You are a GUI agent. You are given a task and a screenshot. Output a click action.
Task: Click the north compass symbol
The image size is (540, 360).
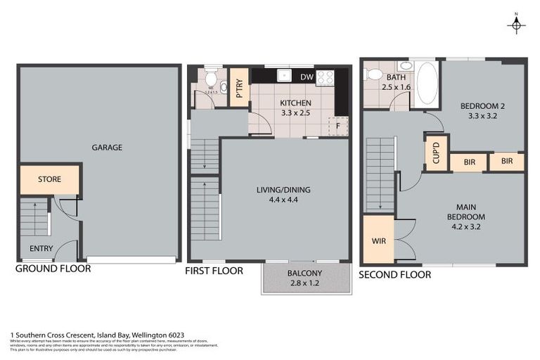coord(517,25)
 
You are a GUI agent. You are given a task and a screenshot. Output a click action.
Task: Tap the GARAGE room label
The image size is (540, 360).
coord(107,148)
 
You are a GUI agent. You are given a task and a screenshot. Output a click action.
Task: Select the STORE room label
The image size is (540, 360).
coord(49,179)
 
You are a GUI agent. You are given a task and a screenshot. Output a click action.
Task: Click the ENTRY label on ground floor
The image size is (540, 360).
coord(41,248)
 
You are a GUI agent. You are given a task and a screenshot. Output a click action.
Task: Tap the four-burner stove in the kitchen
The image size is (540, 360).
coord(325,77)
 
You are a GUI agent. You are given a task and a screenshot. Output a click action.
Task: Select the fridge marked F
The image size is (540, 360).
coord(338,126)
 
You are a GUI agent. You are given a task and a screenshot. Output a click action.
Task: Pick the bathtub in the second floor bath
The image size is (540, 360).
coord(426,83)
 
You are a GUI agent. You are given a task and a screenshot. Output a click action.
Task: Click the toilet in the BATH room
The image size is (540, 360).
coord(374,74)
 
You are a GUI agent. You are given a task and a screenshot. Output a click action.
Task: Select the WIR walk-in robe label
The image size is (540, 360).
coord(378,241)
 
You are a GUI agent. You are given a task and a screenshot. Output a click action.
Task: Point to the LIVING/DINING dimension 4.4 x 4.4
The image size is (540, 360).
coord(283,200)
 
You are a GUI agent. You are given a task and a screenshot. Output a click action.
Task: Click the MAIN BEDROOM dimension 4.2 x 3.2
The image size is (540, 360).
coord(461,227)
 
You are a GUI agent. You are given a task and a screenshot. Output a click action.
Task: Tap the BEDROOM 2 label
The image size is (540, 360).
coord(482,106)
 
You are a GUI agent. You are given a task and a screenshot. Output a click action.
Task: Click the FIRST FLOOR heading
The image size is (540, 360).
coord(214,271)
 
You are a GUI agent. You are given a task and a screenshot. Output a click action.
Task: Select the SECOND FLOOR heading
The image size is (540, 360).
coord(394,274)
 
